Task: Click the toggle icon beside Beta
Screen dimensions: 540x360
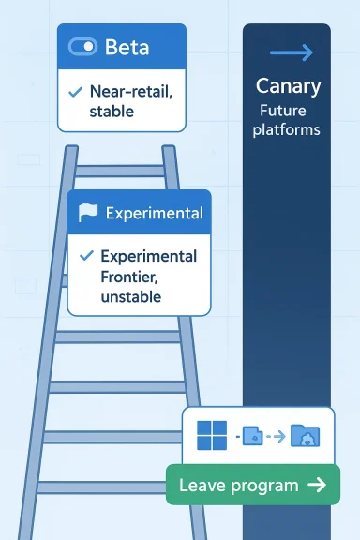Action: (83, 46)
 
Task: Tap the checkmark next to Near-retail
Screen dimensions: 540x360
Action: (75, 92)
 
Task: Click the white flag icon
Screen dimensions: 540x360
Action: (87, 213)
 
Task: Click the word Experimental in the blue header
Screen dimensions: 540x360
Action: (154, 213)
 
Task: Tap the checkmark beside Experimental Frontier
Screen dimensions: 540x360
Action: (86, 256)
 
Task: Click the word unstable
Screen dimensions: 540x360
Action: (130, 297)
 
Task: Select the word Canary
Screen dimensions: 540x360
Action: (288, 86)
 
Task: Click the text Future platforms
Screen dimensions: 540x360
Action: (288, 120)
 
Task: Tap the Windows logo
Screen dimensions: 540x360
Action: (213, 435)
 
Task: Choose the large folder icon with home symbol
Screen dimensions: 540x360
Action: (305, 436)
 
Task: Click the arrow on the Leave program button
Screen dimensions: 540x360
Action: (316, 486)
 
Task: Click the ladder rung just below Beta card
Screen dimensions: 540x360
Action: (120, 171)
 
